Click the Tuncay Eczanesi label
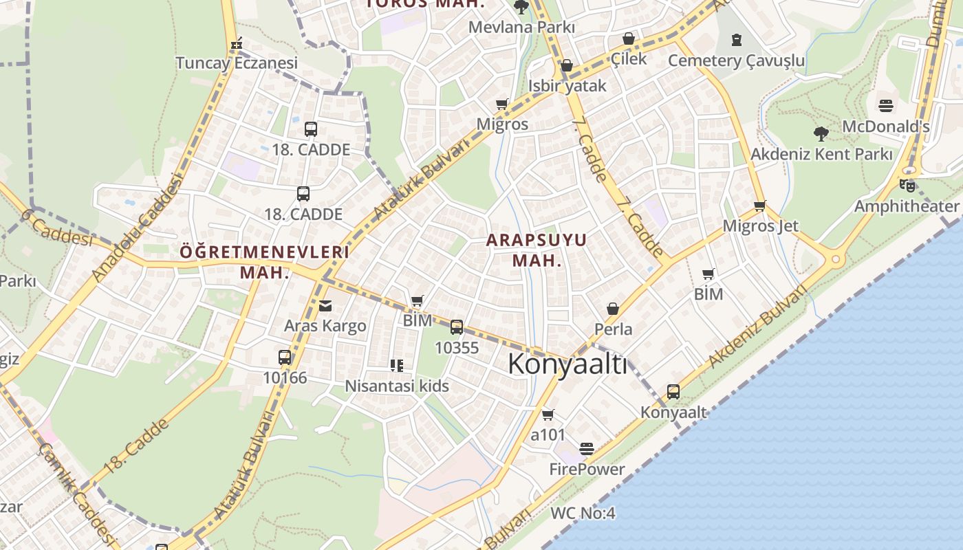tap(237, 63)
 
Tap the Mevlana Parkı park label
tap(521, 27)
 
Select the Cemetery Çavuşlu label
tap(736, 60)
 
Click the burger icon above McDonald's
tap(885, 106)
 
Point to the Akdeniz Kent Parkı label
tap(821, 154)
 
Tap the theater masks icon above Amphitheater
tap(907, 185)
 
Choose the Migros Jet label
tap(760, 226)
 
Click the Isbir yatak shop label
tap(567, 85)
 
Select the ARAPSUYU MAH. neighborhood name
tap(537, 250)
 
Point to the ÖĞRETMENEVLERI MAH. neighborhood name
tap(265, 262)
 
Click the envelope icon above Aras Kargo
tap(325, 305)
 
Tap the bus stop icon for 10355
tap(457, 327)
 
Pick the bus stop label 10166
tap(285, 377)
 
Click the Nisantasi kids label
tap(396, 386)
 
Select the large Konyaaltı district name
tap(567, 364)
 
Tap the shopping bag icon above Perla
tap(613, 309)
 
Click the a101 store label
tap(548, 435)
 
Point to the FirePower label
tap(587, 470)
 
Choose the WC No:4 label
tap(583, 514)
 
